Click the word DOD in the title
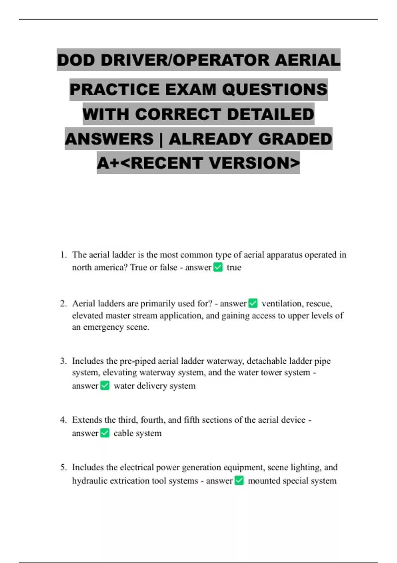coord(76,60)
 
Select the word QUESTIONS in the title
coord(275,90)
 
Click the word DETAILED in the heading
coord(270,114)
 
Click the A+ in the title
coord(109,163)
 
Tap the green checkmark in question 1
coord(218,267)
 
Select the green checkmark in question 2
coord(253,303)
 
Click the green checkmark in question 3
coord(105,385)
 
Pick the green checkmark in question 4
coord(105,433)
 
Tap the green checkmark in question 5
coord(239,481)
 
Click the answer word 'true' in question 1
coord(234,268)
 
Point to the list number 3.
coord(63,361)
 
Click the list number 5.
coord(63,467)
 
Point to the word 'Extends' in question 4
coord(87,420)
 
